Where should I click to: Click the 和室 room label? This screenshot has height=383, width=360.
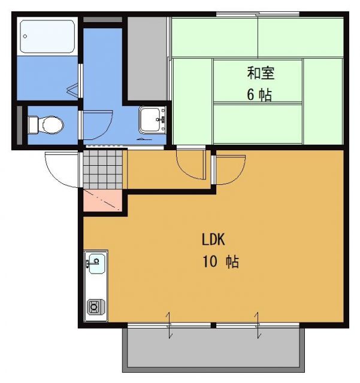(x=261, y=73)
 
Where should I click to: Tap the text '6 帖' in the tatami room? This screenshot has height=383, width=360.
(x=259, y=95)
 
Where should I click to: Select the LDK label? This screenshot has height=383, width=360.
(x=213, y=240)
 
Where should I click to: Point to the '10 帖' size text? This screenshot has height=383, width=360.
(x=223, y=262)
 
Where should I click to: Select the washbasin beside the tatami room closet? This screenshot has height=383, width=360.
(x=152, y=120)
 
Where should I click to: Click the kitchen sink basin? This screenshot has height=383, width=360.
(x=95, y=262)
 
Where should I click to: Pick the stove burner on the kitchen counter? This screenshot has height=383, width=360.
(x=95, y=307)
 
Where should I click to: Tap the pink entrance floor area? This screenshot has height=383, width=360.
(x=102, y=201)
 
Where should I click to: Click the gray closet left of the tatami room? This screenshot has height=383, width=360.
(x=147, y=58)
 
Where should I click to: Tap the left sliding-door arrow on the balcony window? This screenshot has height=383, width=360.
(x=170, y=326)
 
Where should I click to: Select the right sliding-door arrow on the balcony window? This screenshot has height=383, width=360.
(x=258, y=326)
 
